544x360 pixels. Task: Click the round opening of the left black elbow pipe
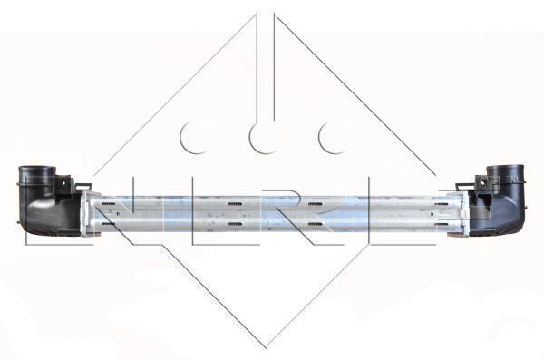37,169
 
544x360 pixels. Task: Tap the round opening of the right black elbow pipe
505,168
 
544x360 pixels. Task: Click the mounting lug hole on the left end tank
63,183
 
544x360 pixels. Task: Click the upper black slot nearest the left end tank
109,203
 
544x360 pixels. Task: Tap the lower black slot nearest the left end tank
108,224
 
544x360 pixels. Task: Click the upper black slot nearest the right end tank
442,204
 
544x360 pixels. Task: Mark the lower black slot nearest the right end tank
442,224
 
